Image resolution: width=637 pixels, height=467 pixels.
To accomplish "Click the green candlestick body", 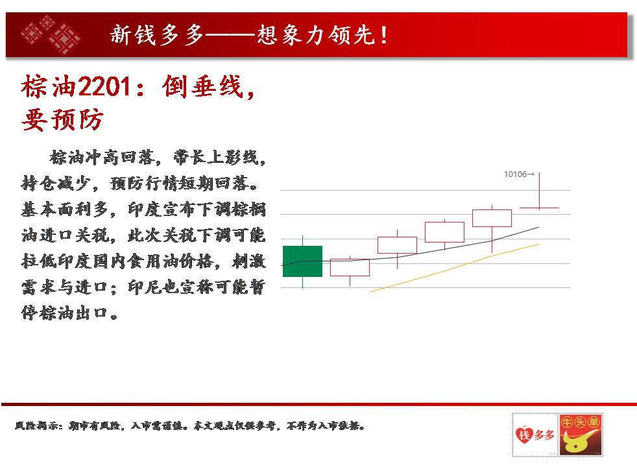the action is pyautogui.click(x=303, y=261).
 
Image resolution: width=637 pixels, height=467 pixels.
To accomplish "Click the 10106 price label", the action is pyautogui.click(x=515, y=174).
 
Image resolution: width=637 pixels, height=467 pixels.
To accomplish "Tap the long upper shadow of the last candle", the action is pyautogui.click(x=540, y=190).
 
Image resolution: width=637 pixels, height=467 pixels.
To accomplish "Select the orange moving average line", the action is pyautogui.click(x=455, y=268).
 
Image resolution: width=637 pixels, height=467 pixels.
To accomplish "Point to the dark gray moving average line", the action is pyautogui.click(x=411, y=254).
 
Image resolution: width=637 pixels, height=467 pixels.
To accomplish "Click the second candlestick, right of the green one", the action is pyautogui.click(x=350, y=268).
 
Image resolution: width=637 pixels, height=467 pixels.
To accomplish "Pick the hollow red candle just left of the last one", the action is pyautogui.click(x=492, y=218).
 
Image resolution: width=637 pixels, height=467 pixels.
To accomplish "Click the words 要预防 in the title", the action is pyautogui.click(x=62, y=120).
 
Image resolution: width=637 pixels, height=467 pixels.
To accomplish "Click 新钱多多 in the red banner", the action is pyautogui.click(x=157, y=34).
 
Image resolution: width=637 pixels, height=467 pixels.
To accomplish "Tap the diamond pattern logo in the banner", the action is pyautogui.click(x=51, y=34).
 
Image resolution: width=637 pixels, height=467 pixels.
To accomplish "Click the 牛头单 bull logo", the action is pyautogui.click(x=580, y=435).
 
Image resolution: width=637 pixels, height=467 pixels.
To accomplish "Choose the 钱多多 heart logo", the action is pyautogui.click(x=535, y=435).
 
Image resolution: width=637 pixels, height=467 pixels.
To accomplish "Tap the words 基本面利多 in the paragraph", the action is pyautogui.click(x=64, y=210).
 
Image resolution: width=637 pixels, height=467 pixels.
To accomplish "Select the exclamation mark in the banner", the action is pyautogui.click(x=384, y=35).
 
